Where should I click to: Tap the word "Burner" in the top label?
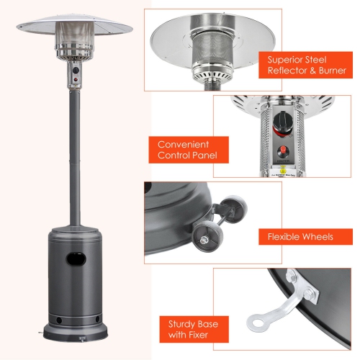point(330,71)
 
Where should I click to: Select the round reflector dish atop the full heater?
point(74,26)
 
